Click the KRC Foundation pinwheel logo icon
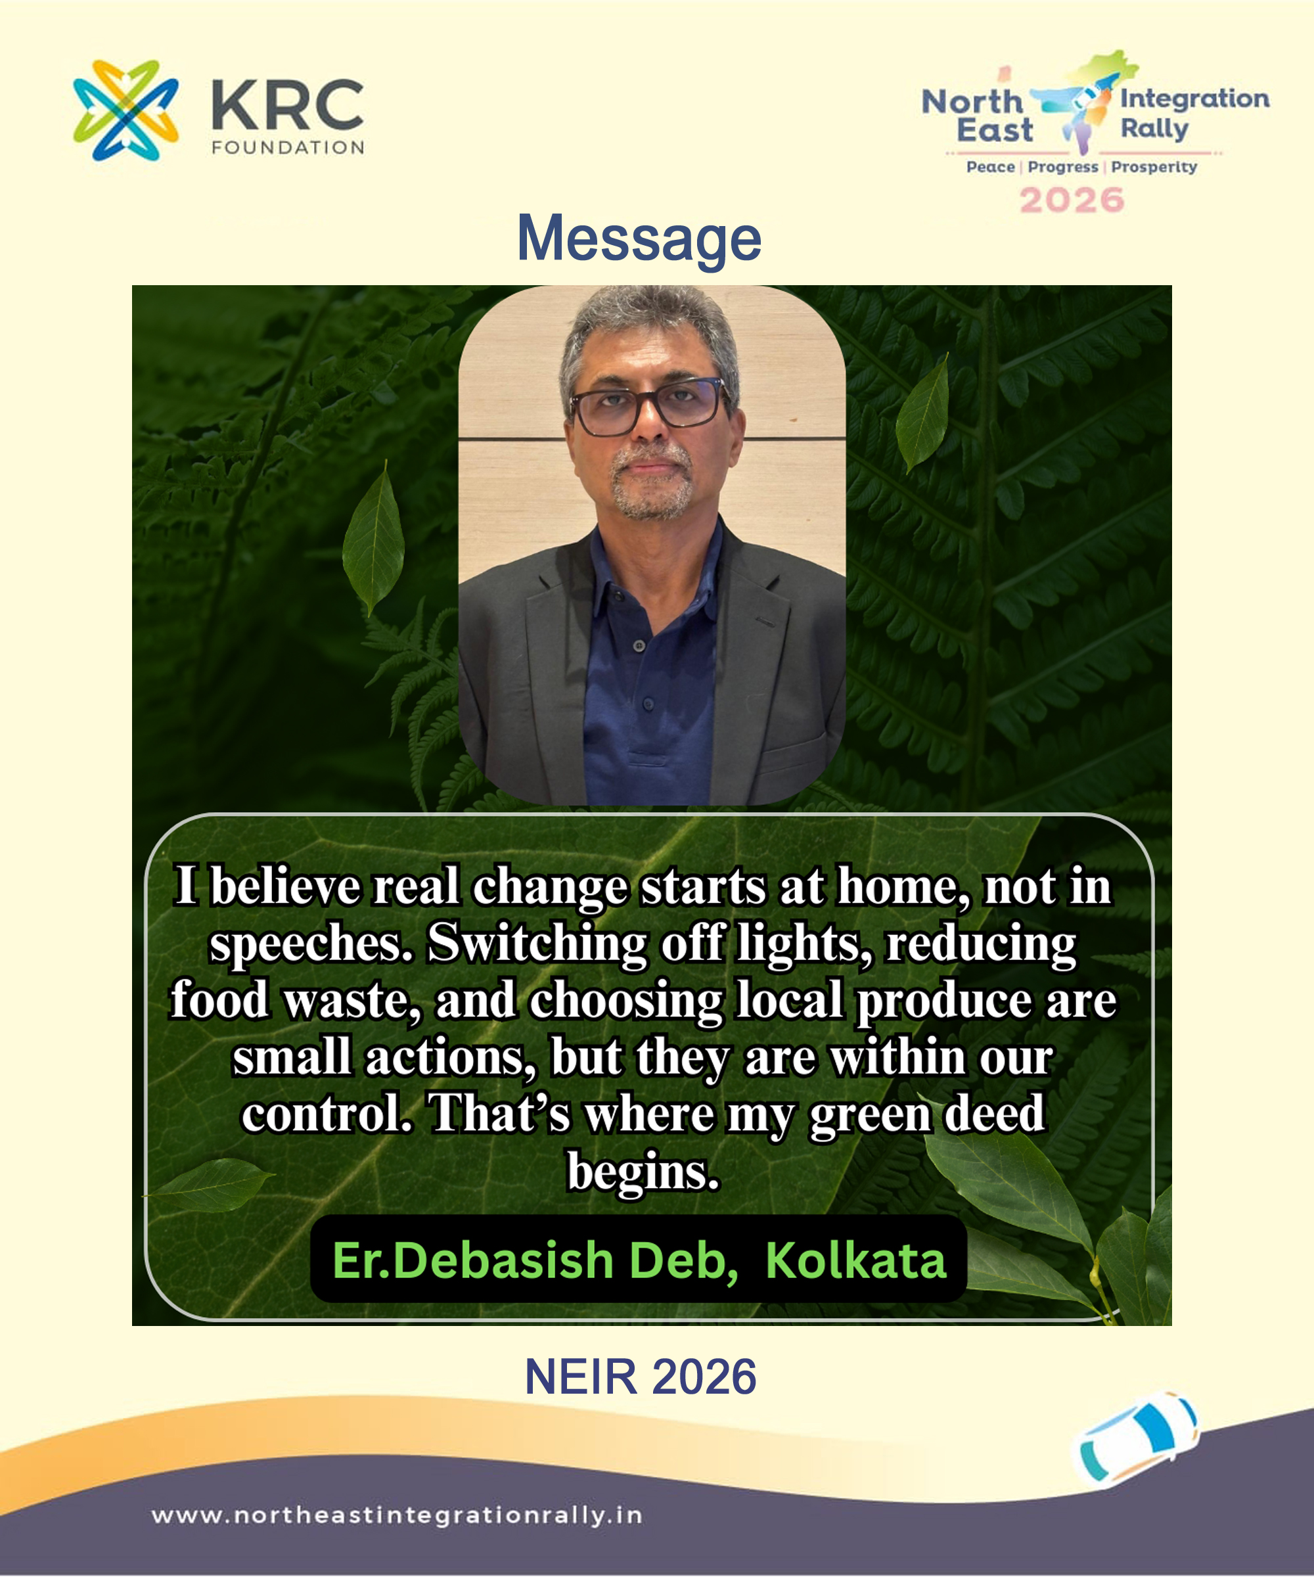(x=125, y=110)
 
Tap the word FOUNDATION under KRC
(x=288, y=147)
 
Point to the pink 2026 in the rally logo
(x=1072, y=200)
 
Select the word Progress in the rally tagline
(x=1062, y=167)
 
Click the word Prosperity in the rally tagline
(x=1154, y=167)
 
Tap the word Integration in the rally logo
(x=1194, y=99)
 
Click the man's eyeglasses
(x=646, y=405)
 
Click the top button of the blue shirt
(x=639, y=646)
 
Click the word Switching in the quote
(x=537, y=943)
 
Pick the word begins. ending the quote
(x=643, y=1172)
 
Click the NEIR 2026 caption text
(x=641, y=1377)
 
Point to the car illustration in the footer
(x=1136, y=1438)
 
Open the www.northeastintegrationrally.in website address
(x=396, y=1515)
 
